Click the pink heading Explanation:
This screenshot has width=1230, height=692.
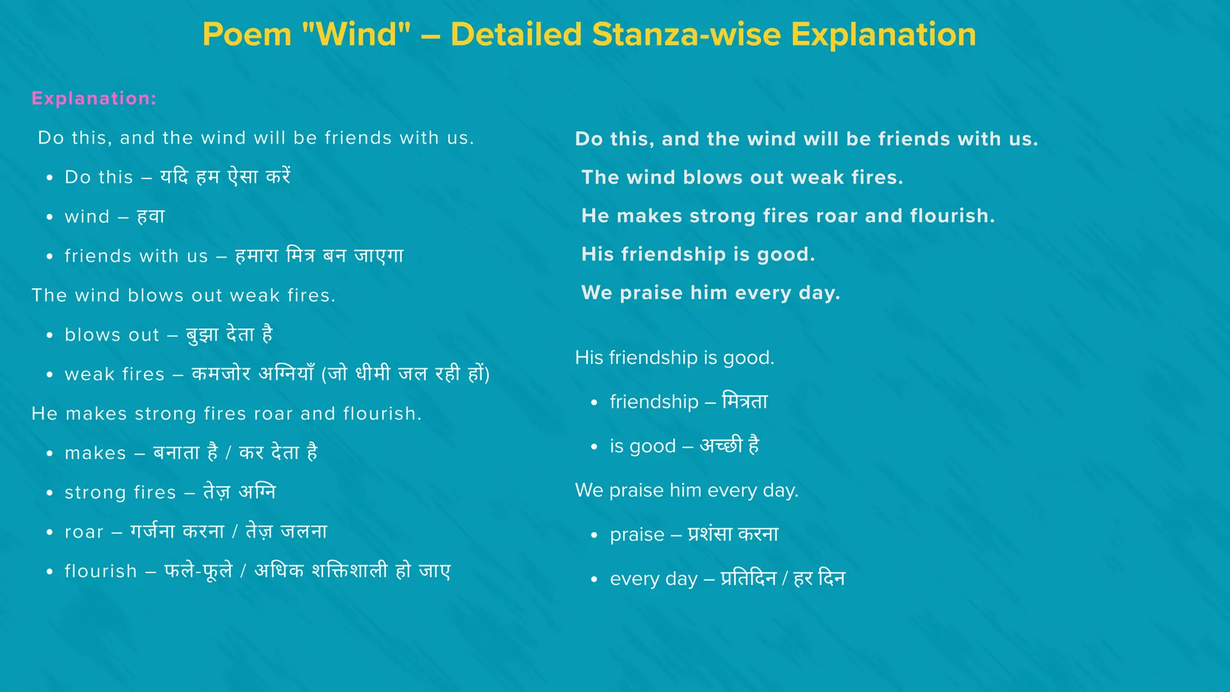point(94,99)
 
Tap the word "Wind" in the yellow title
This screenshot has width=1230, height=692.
point(356,34)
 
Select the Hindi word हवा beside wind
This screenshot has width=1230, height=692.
point(151,216)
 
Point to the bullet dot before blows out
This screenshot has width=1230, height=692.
point(50,335)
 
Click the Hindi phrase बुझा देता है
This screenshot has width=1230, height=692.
point(229,335)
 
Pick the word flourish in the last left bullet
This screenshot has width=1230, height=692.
point(101,571)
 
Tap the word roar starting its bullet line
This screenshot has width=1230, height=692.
point(84,532)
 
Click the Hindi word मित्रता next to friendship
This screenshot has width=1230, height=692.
point(745,401)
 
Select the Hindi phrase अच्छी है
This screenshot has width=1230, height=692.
point(730,446)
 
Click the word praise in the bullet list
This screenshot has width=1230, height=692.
point(637,535)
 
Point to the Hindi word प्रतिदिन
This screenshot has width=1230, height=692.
point(748,578)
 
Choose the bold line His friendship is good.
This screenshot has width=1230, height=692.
point(698,255)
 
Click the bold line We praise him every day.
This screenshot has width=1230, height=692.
point(710,293)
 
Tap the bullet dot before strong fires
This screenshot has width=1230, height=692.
point(50,493)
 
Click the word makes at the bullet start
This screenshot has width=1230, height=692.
point(95,453)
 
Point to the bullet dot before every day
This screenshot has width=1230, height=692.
point(594,580)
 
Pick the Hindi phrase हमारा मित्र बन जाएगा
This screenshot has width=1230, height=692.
point(319,256)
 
